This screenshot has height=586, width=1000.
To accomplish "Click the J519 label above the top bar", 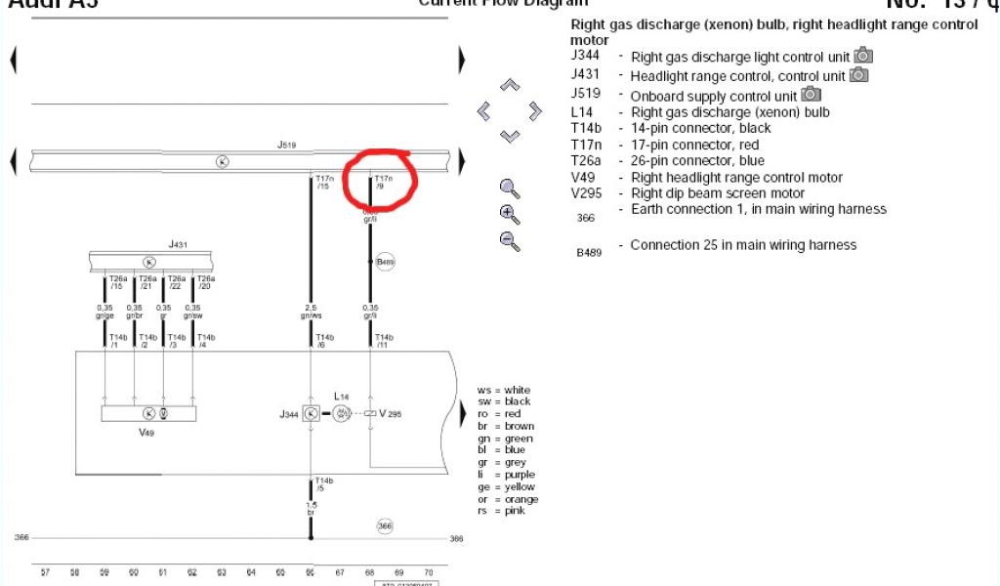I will click(286, 146).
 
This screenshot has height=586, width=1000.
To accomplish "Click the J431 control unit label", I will click(177, 243).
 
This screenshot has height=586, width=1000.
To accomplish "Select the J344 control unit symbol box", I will click(311, 414).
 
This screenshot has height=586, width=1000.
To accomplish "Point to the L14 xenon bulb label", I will click(341, 397).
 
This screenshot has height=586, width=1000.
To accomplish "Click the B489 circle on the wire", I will click(385, 262).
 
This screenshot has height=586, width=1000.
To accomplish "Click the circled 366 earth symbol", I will click(385, 526).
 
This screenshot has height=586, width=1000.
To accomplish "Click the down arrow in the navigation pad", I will click(510, 137).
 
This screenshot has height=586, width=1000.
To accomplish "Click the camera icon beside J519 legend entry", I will click(811, 95).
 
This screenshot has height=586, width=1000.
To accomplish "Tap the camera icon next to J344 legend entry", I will click(862, 57).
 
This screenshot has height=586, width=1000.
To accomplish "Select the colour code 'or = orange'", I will click(507, 499).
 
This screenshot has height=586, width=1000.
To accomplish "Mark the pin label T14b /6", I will click(324, 340).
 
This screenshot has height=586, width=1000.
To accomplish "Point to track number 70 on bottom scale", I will click(427, 571).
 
